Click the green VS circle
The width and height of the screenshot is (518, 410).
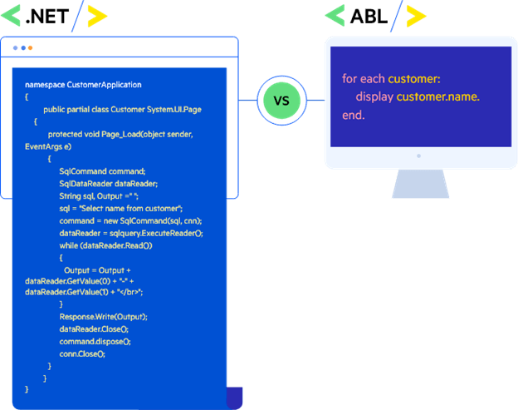coord(281,101)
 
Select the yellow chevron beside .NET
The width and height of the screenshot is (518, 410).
coord(96,15)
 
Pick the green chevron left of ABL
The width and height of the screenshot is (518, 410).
coord(335,15)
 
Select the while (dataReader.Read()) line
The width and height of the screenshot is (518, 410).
coord(105,245)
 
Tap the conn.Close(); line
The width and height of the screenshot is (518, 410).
coord(82,353)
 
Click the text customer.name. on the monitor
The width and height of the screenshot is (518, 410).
coord(437,97)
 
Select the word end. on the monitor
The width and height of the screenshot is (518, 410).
coord(353,116)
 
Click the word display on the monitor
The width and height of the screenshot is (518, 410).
coord(374,97)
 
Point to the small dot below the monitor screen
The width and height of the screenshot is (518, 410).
coord(419,156)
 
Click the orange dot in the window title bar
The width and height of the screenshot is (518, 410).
coord(31,47)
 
